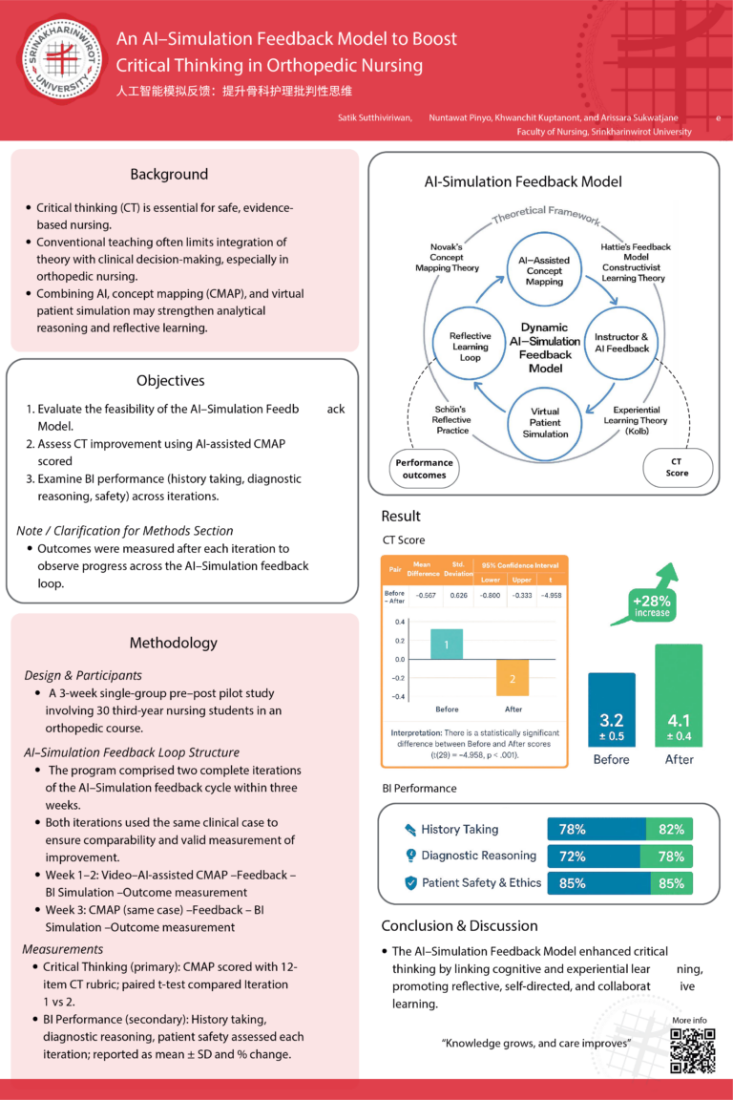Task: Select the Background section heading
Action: (169, 174)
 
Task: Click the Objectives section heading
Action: (170, 380)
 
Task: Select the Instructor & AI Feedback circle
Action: (621, 343)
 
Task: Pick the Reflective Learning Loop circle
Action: (469, 343)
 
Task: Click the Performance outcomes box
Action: (425, 468)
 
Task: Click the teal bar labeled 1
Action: (446, 645)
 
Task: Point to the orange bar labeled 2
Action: (513, 678)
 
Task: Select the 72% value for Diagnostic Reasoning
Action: (573, 857)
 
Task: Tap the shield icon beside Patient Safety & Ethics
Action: (411, 883)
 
